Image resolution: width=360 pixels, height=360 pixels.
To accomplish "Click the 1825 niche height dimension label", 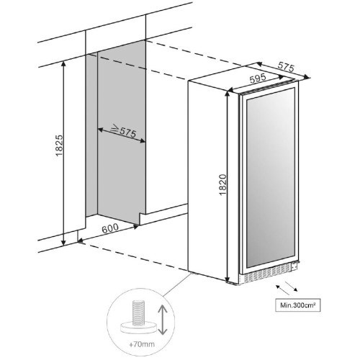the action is [x=59, y=145].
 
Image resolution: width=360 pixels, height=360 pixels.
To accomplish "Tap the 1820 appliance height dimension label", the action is [x=223, y=185].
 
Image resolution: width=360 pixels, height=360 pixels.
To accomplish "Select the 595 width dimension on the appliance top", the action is [x=258, y=78].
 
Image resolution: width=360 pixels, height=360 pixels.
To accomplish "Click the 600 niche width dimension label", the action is [x=110, y=228].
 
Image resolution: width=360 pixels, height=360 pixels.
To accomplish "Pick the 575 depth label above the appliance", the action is [x=286, y=67].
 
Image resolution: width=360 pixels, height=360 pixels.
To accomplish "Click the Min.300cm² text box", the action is [x=297, y=305].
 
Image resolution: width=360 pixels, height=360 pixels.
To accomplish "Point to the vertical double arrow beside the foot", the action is [x=163, y=320].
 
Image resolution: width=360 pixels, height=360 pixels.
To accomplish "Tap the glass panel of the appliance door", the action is [x=271, y=178].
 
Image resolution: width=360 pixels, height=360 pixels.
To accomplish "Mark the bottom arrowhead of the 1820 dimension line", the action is [x=228, y=279].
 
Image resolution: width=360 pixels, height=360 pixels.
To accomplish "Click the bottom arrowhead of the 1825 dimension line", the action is [x=63, y=243].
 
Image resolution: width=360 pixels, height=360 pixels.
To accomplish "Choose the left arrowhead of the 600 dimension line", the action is [x=81, y=240].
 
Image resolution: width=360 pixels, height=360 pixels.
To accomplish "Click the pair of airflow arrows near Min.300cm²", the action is [x=287, y=287].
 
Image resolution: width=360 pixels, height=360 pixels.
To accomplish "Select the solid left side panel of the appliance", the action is [x=207, y=180].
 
